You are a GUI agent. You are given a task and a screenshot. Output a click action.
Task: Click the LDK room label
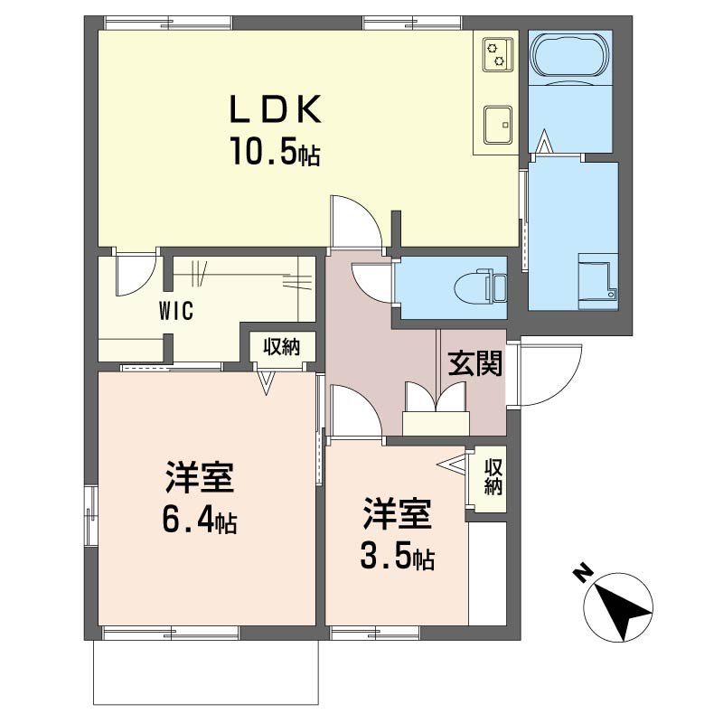click(x=276, y=109)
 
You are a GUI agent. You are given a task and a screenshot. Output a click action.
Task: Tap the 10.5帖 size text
click(x=276, y=151)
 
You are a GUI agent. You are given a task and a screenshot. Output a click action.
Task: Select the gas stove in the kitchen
click(x=499, y=55)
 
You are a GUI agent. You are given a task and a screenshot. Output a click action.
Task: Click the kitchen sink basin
click(x=499, y=125)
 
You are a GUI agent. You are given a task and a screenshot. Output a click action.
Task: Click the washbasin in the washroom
click(x=597, y=280)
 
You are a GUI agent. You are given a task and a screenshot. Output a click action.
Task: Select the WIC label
click(x=176, y=311)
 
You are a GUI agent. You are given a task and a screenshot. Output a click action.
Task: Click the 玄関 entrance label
click(x=475, y=364)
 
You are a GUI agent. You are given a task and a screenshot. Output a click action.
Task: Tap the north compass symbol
click(x=618, y=607)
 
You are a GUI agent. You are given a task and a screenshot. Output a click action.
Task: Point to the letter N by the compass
click(x=583, y=573)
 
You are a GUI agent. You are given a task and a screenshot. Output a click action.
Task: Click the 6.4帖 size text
click(x=199, y=521)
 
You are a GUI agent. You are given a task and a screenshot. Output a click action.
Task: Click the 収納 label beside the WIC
click(x=281, y=347)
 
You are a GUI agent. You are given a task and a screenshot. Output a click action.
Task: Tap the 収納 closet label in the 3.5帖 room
click(x=493, y=477)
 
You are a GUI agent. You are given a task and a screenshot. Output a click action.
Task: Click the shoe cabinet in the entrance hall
click(x=436, y=423)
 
